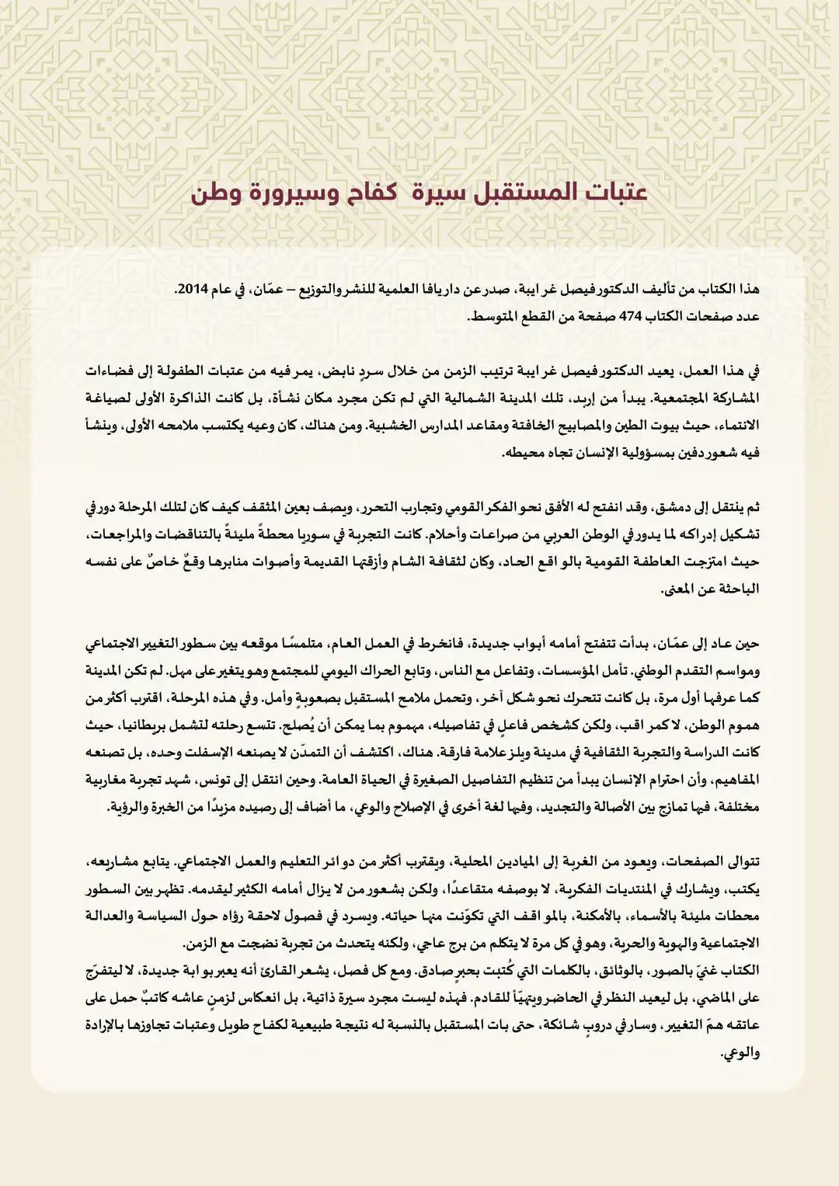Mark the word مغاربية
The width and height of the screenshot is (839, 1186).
tap(112, 780)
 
